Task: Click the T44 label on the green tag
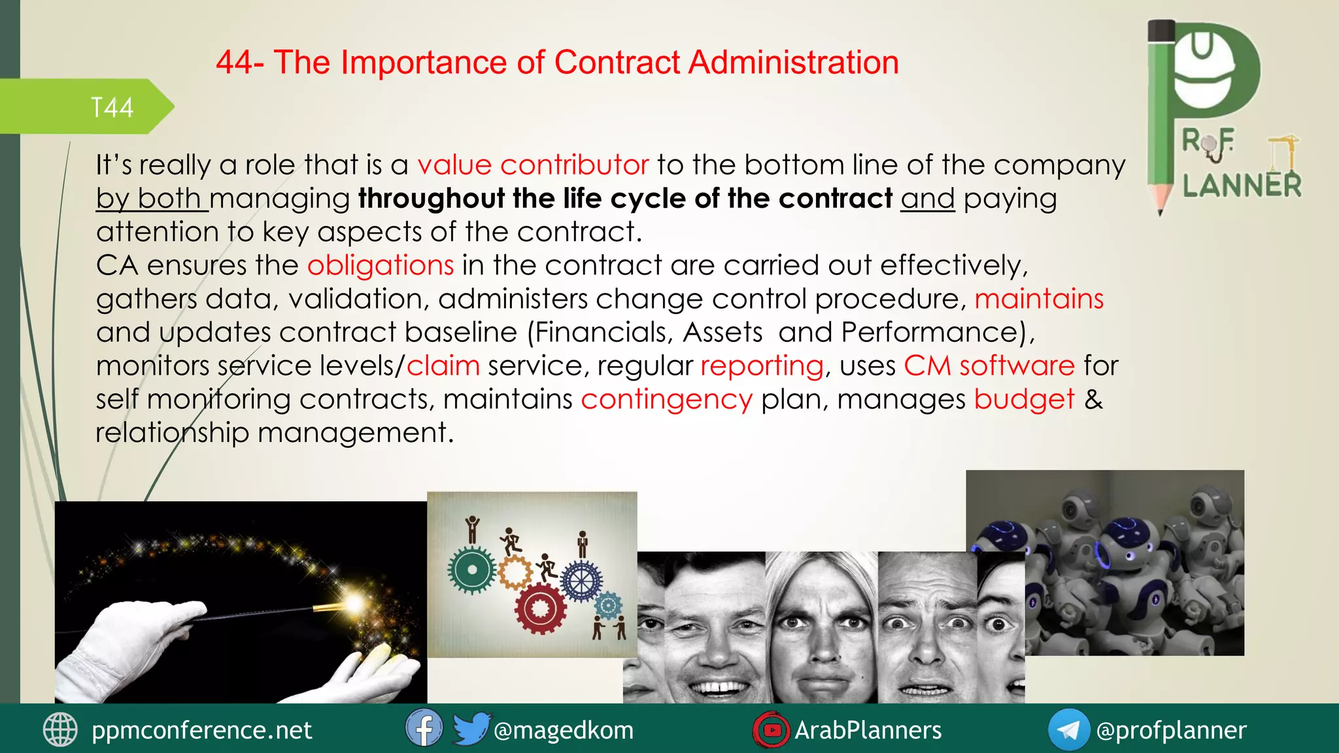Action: click(x=112, y=108)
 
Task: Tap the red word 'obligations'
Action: click(x=381, y=265)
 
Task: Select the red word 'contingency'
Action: click(x=666, y=399)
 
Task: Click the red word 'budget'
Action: click(x=1024, y=399)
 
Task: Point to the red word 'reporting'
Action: click(x=762, y=366)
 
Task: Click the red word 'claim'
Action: click(x=443, y=366)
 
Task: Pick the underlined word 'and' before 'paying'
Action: click(x=927, y=199)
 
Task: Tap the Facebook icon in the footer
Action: click(x=423, y=729)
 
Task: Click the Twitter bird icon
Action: click(x=470, y=729)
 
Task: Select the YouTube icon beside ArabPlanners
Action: click(x=771, y=729)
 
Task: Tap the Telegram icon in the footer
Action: click(x=1068, y=729)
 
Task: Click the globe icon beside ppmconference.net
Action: click(x=60, y=729)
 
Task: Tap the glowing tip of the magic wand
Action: click(x=354, y=602)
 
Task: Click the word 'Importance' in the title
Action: click(x=424, y=63)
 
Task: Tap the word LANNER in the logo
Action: click(x=1242, y=186)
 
